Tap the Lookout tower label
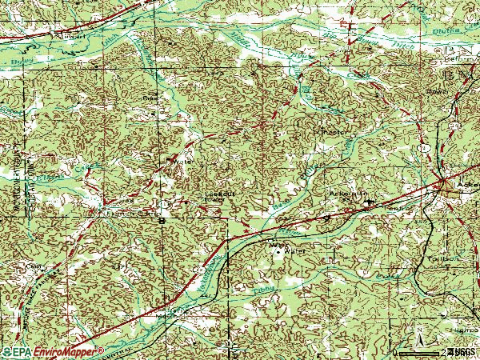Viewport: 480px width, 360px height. pos(218,194)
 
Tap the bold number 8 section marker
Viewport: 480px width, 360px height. pos(161,220)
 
